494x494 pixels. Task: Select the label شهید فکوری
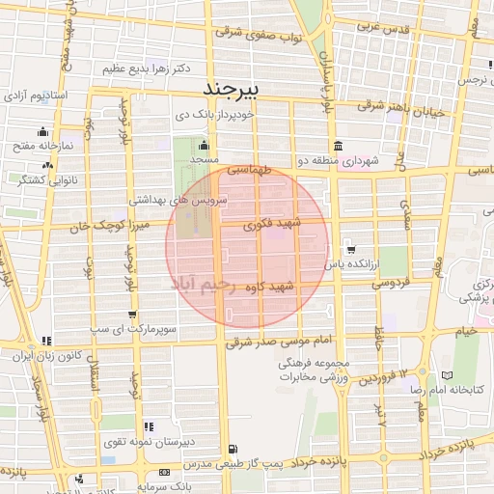point(276,225)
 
